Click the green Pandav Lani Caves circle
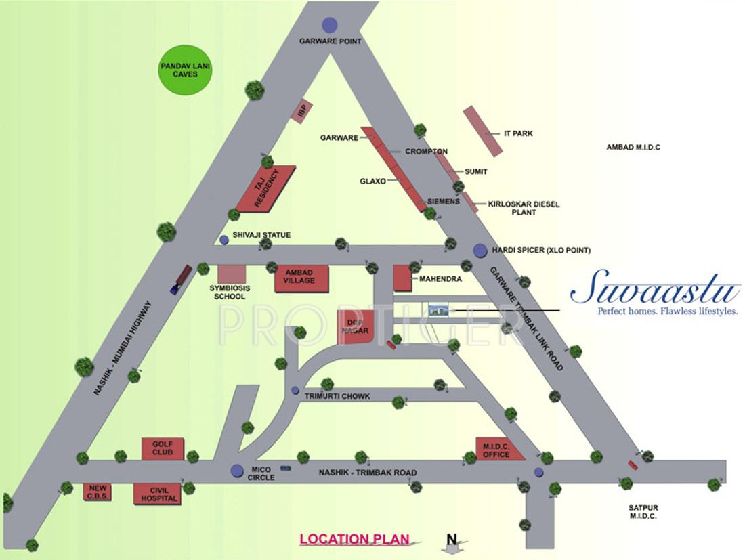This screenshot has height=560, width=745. (184, 70)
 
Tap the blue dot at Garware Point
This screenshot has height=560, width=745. (330, 25)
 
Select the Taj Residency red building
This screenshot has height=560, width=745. (266, 188)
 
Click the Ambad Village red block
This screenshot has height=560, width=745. (301, 278)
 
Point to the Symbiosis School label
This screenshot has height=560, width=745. (230, 292)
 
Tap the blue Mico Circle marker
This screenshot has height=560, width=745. (237, 470)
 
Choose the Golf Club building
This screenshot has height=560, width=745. (163, 448)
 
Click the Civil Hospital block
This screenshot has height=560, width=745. (157, 494)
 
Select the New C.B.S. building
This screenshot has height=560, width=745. (98, 492)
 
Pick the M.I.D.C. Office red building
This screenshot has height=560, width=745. (499, 449)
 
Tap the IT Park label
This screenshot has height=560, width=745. (518, 133)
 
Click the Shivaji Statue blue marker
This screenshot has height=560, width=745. (224, 240)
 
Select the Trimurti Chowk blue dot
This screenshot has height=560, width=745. (295, 390)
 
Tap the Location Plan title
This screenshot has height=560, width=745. (355, 540)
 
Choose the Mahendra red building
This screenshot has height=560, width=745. (403, 278)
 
